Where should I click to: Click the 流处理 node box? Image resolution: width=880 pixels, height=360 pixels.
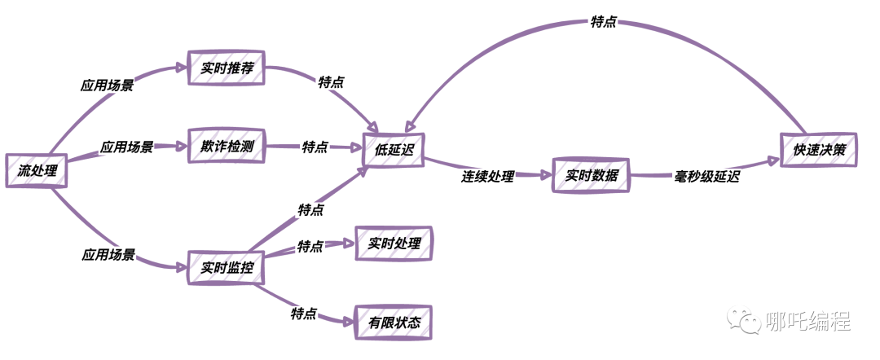click(36, 170)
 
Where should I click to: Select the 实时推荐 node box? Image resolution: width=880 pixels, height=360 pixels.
click(227, 67)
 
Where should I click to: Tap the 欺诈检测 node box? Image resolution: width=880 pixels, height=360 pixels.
click(227, 146)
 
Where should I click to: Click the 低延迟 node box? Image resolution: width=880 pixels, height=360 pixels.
click(394, 150)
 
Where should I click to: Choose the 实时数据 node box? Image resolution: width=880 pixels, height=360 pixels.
click(592, 175)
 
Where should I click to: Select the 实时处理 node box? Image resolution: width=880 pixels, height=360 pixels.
click(394, 244)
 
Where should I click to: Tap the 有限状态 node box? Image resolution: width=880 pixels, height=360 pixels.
click(394, 323)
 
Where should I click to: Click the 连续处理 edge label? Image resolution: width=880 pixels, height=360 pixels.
click(487, 175)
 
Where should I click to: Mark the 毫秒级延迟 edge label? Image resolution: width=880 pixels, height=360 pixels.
click(706, 175)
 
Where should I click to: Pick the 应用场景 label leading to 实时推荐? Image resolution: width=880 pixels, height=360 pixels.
click(107, 84)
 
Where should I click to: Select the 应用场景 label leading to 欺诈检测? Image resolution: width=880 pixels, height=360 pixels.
click(126, 147)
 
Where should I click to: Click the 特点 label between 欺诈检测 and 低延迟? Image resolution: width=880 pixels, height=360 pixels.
click(315, 147)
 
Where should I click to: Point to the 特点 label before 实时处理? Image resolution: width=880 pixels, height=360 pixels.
click(310, 245)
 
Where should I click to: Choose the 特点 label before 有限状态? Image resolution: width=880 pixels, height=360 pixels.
click(303, 313)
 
